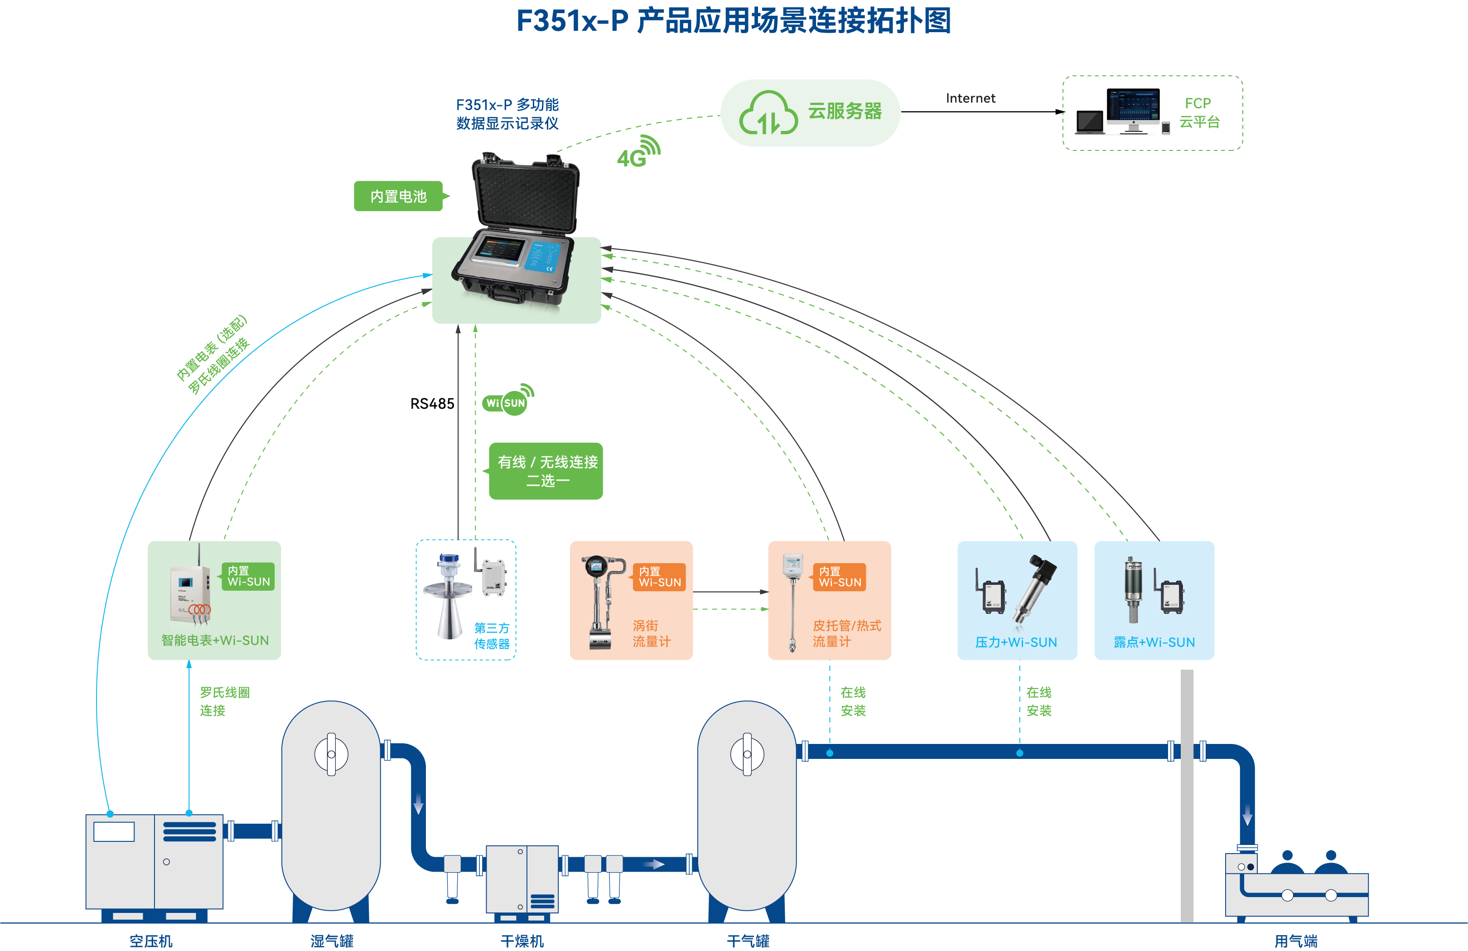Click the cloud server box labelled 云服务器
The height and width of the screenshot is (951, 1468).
point(810,112)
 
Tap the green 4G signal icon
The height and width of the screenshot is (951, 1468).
point(638,153)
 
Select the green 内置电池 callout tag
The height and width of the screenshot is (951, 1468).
point(398,196)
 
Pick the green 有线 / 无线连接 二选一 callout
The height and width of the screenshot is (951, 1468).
point(546,471)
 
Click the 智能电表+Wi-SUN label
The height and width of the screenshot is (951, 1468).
point(215,640)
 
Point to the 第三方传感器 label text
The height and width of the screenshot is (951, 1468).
point(492,636)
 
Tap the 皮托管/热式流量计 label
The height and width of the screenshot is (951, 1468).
point(846,633)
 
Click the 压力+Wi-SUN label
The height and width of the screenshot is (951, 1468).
point(1016,642)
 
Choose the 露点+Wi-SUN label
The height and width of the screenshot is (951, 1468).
point(1154,642)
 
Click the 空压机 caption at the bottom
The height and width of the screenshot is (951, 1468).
point(151,941)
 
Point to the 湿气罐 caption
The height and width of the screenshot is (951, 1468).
point(332,941)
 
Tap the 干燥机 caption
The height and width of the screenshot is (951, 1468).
point(522,941)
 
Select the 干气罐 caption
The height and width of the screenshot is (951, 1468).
point(748,941)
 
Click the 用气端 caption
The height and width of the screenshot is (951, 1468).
point(1295,941)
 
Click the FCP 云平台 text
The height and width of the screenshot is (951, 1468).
point(1199,112)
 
